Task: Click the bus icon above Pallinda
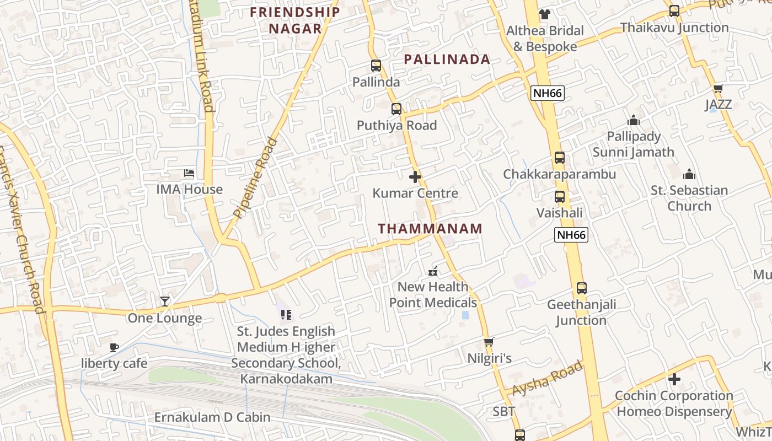click(376, 66)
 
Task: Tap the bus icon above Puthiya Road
click(396, 109)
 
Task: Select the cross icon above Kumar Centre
click(415, 177)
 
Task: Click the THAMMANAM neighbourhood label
click(430, 228)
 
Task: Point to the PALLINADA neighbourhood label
click(447, 60)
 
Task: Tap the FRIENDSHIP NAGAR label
click(295, 20)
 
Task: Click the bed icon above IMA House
click(189, 173)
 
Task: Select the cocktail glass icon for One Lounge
click(165, 301)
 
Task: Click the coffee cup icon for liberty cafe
click(114, 347)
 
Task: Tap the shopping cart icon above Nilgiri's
click(489, 342)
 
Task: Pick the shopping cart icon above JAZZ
click(718, 88)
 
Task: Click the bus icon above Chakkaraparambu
click(560, 158)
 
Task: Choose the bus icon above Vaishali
click(560, 196)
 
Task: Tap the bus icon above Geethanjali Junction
click(582, 288)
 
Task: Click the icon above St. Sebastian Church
click(689, 174)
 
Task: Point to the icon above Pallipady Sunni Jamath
click(634, 120)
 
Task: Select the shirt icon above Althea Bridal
click(545, 14)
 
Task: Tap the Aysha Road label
click(547, 378)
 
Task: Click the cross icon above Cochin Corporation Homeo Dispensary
click(674, 379)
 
